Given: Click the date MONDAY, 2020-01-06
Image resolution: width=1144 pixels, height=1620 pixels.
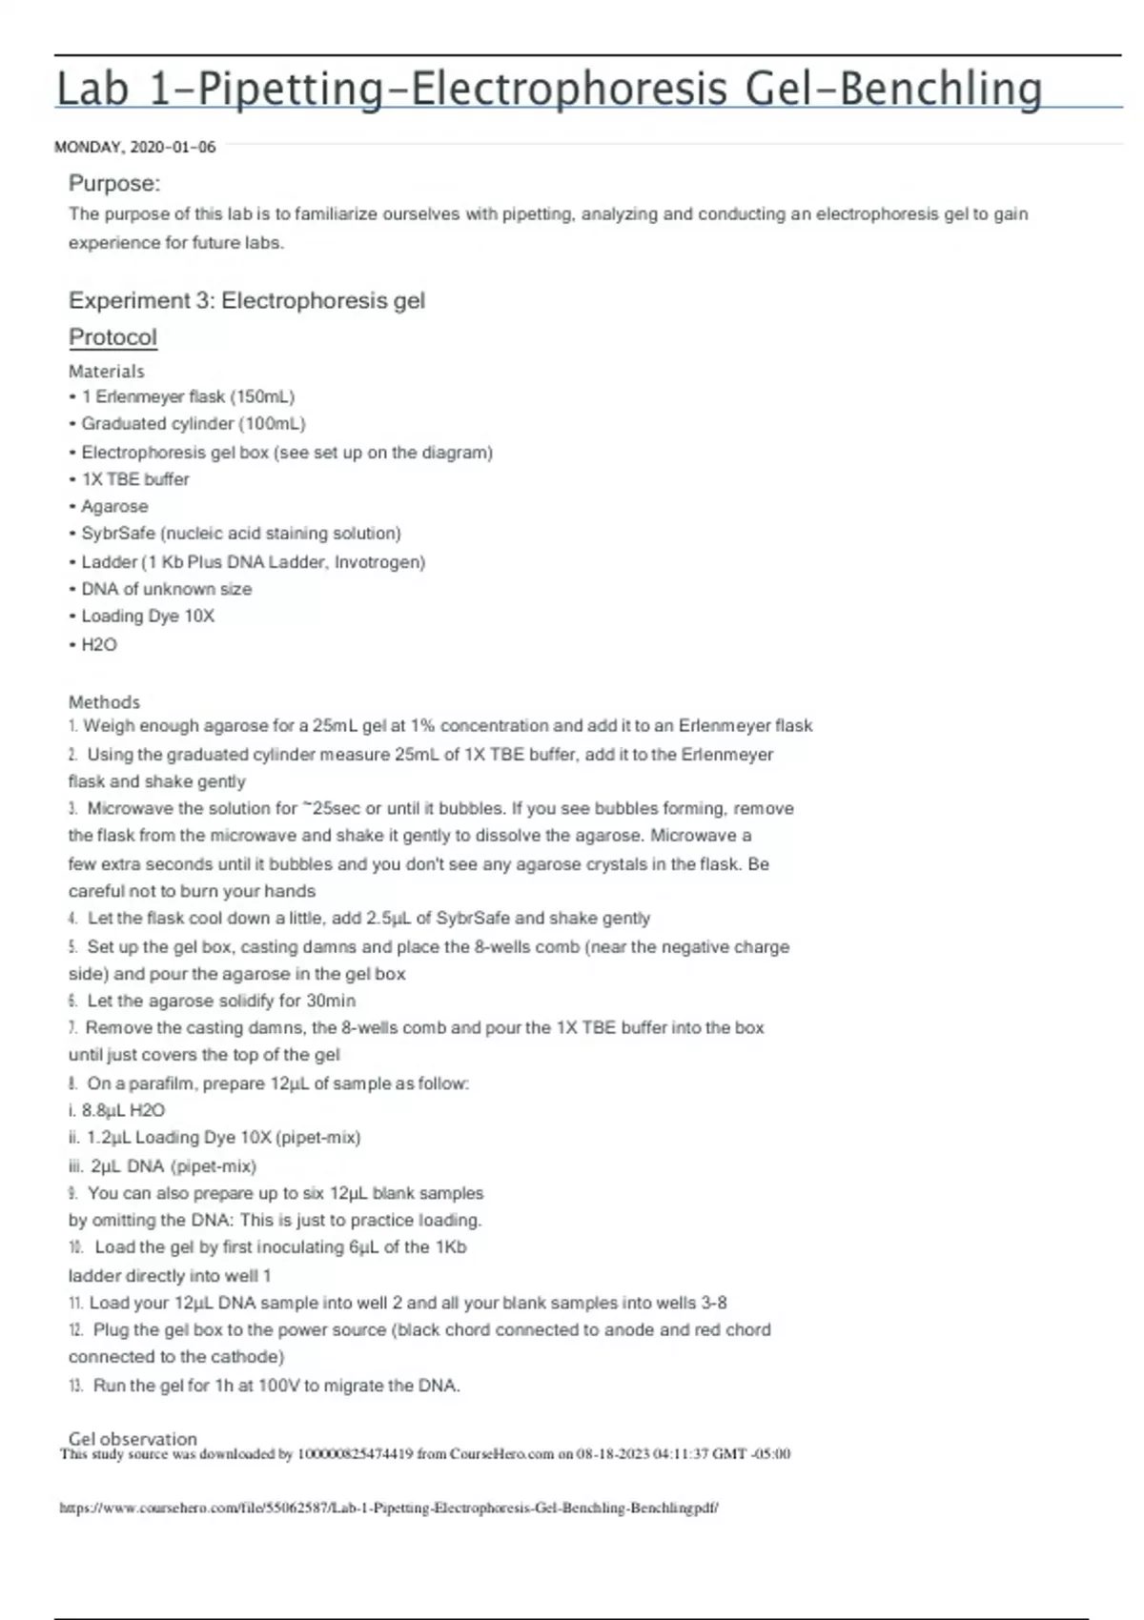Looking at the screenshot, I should pyautogui.click(x=135, y=147).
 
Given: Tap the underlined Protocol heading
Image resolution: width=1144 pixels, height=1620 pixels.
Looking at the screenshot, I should pyautogui.click(x=112, y=337).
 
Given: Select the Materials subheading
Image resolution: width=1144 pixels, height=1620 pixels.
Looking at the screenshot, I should pyautogui.click(x=107, y=371).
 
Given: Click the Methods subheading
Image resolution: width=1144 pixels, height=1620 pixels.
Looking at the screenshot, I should pyautogui.click(x=104, y=701).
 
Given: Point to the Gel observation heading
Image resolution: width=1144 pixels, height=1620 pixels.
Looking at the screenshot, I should pyautogui.click(x=133, y=1438).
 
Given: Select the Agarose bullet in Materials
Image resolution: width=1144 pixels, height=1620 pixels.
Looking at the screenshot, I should pyautogui.click(x=114, y=506).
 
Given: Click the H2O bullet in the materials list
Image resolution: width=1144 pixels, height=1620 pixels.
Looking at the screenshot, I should pyautogui.click(x=99, y=644).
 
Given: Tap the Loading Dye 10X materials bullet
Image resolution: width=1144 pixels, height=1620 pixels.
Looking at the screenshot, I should pyautogui.click(x=148, y=616).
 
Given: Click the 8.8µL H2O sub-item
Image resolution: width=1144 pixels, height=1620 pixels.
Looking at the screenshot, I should pyautogui.click(x=123, y=1110).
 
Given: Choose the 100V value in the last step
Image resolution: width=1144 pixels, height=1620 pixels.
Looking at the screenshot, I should pyautogui.click(x=279, y=1386).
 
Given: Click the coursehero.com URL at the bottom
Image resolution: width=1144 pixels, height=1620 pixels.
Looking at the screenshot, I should pyautogui.click(x=389, y=1508).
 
